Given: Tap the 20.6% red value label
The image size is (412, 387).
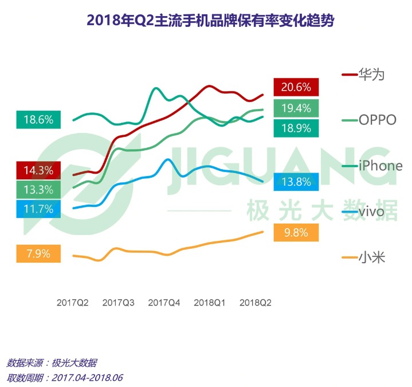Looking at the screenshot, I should (296, 87).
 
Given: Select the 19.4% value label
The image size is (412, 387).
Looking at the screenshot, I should (296, 107).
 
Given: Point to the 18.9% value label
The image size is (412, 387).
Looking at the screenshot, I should (296, 127).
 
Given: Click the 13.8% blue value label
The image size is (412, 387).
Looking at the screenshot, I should (296, 182).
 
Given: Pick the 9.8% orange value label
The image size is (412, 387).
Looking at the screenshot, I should (296, 233).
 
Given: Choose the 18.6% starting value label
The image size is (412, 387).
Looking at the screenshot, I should (38, 120).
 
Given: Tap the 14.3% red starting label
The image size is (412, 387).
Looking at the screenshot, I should (38, 170).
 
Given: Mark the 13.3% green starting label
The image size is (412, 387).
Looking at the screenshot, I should (38, 189).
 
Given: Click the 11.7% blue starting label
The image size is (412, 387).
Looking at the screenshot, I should (38, 209).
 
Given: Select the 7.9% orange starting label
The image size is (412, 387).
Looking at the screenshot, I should (38, 253).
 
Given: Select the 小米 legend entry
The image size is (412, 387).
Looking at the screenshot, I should (371, 257).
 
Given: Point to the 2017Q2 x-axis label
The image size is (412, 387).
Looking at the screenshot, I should (72, 303).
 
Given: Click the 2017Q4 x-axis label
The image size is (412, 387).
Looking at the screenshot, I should (164, 303).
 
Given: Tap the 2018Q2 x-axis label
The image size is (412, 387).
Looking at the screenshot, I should (255, 303).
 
